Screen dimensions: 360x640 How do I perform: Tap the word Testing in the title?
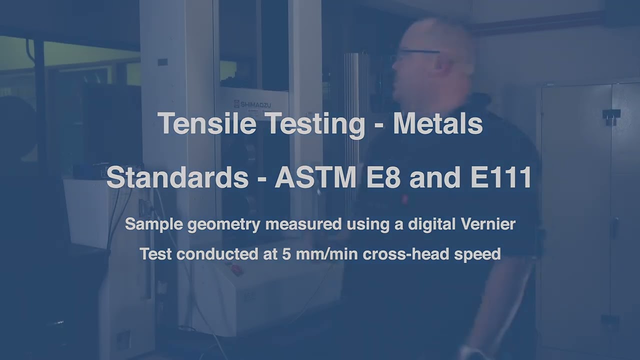point(315,123)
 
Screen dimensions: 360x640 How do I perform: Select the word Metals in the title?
point(437,123)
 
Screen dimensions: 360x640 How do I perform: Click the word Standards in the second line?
point(177,177)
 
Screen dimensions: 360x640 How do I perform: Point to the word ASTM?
point(316,177)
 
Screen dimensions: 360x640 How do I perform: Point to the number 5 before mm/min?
point(286,254)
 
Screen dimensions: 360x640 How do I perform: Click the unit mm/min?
point(327,254)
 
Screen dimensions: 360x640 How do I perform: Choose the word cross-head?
point(406,254)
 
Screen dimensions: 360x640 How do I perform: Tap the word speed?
point(477,254)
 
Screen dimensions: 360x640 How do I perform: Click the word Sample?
point(154,224)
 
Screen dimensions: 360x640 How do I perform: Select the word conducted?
point(217,254)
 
